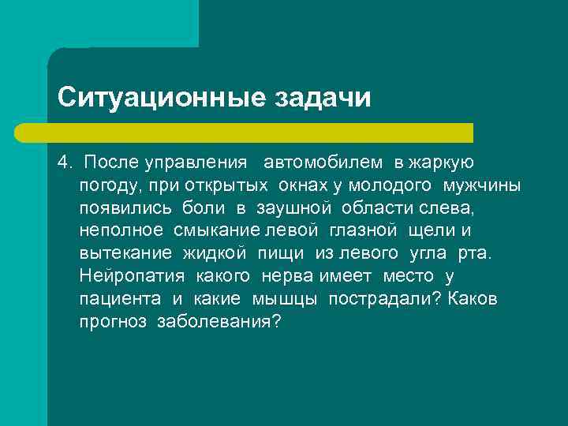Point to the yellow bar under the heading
[x=260, y=132]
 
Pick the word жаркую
[x=441, y=163]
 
